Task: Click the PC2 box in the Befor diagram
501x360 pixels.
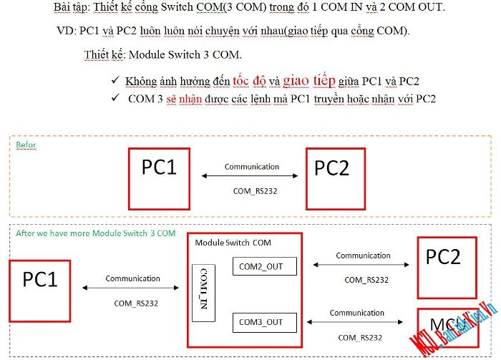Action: (335, 177)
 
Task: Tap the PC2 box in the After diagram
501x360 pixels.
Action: (443, 266)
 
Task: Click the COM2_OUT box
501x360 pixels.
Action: (261, 267)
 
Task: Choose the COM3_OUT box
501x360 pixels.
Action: (261, 322)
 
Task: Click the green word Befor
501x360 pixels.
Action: (26, 145)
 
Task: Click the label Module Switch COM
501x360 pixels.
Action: (233, 243)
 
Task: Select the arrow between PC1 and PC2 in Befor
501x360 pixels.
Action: (250, 175)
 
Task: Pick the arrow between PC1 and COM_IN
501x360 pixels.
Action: (132, 288)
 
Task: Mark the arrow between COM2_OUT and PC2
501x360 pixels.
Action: (363, 266)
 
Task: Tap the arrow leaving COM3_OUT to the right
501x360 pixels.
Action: (363, 323)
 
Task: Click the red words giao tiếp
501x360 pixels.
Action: (309, 81)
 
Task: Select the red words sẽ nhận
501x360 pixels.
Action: (181, 99)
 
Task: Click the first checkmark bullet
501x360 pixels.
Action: (115, 82)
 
